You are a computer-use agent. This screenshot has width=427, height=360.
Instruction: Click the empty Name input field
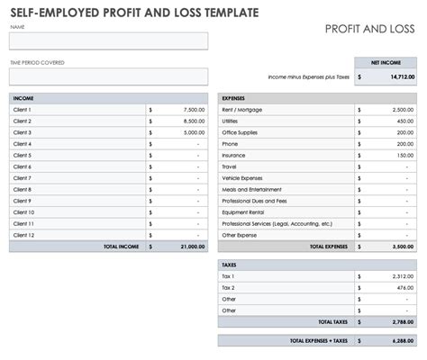pyautogui.click(x=108, y=40)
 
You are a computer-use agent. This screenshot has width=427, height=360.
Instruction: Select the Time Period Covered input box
pyautogui.click(x=108, y=76)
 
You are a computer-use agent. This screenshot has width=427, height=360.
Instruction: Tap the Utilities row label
pyautogui.click(x=231, y=121)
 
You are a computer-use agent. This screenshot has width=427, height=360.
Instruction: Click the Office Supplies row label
pyautogui.click(x=238, y=132)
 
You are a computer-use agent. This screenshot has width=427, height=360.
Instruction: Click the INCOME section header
pyautogui.click(x=23, y=97)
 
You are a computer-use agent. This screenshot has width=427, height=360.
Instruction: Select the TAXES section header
pyautogui.click(x=230, y=265)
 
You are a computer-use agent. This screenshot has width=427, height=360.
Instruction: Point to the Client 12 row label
pyautogui.click(x=23, y=235)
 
